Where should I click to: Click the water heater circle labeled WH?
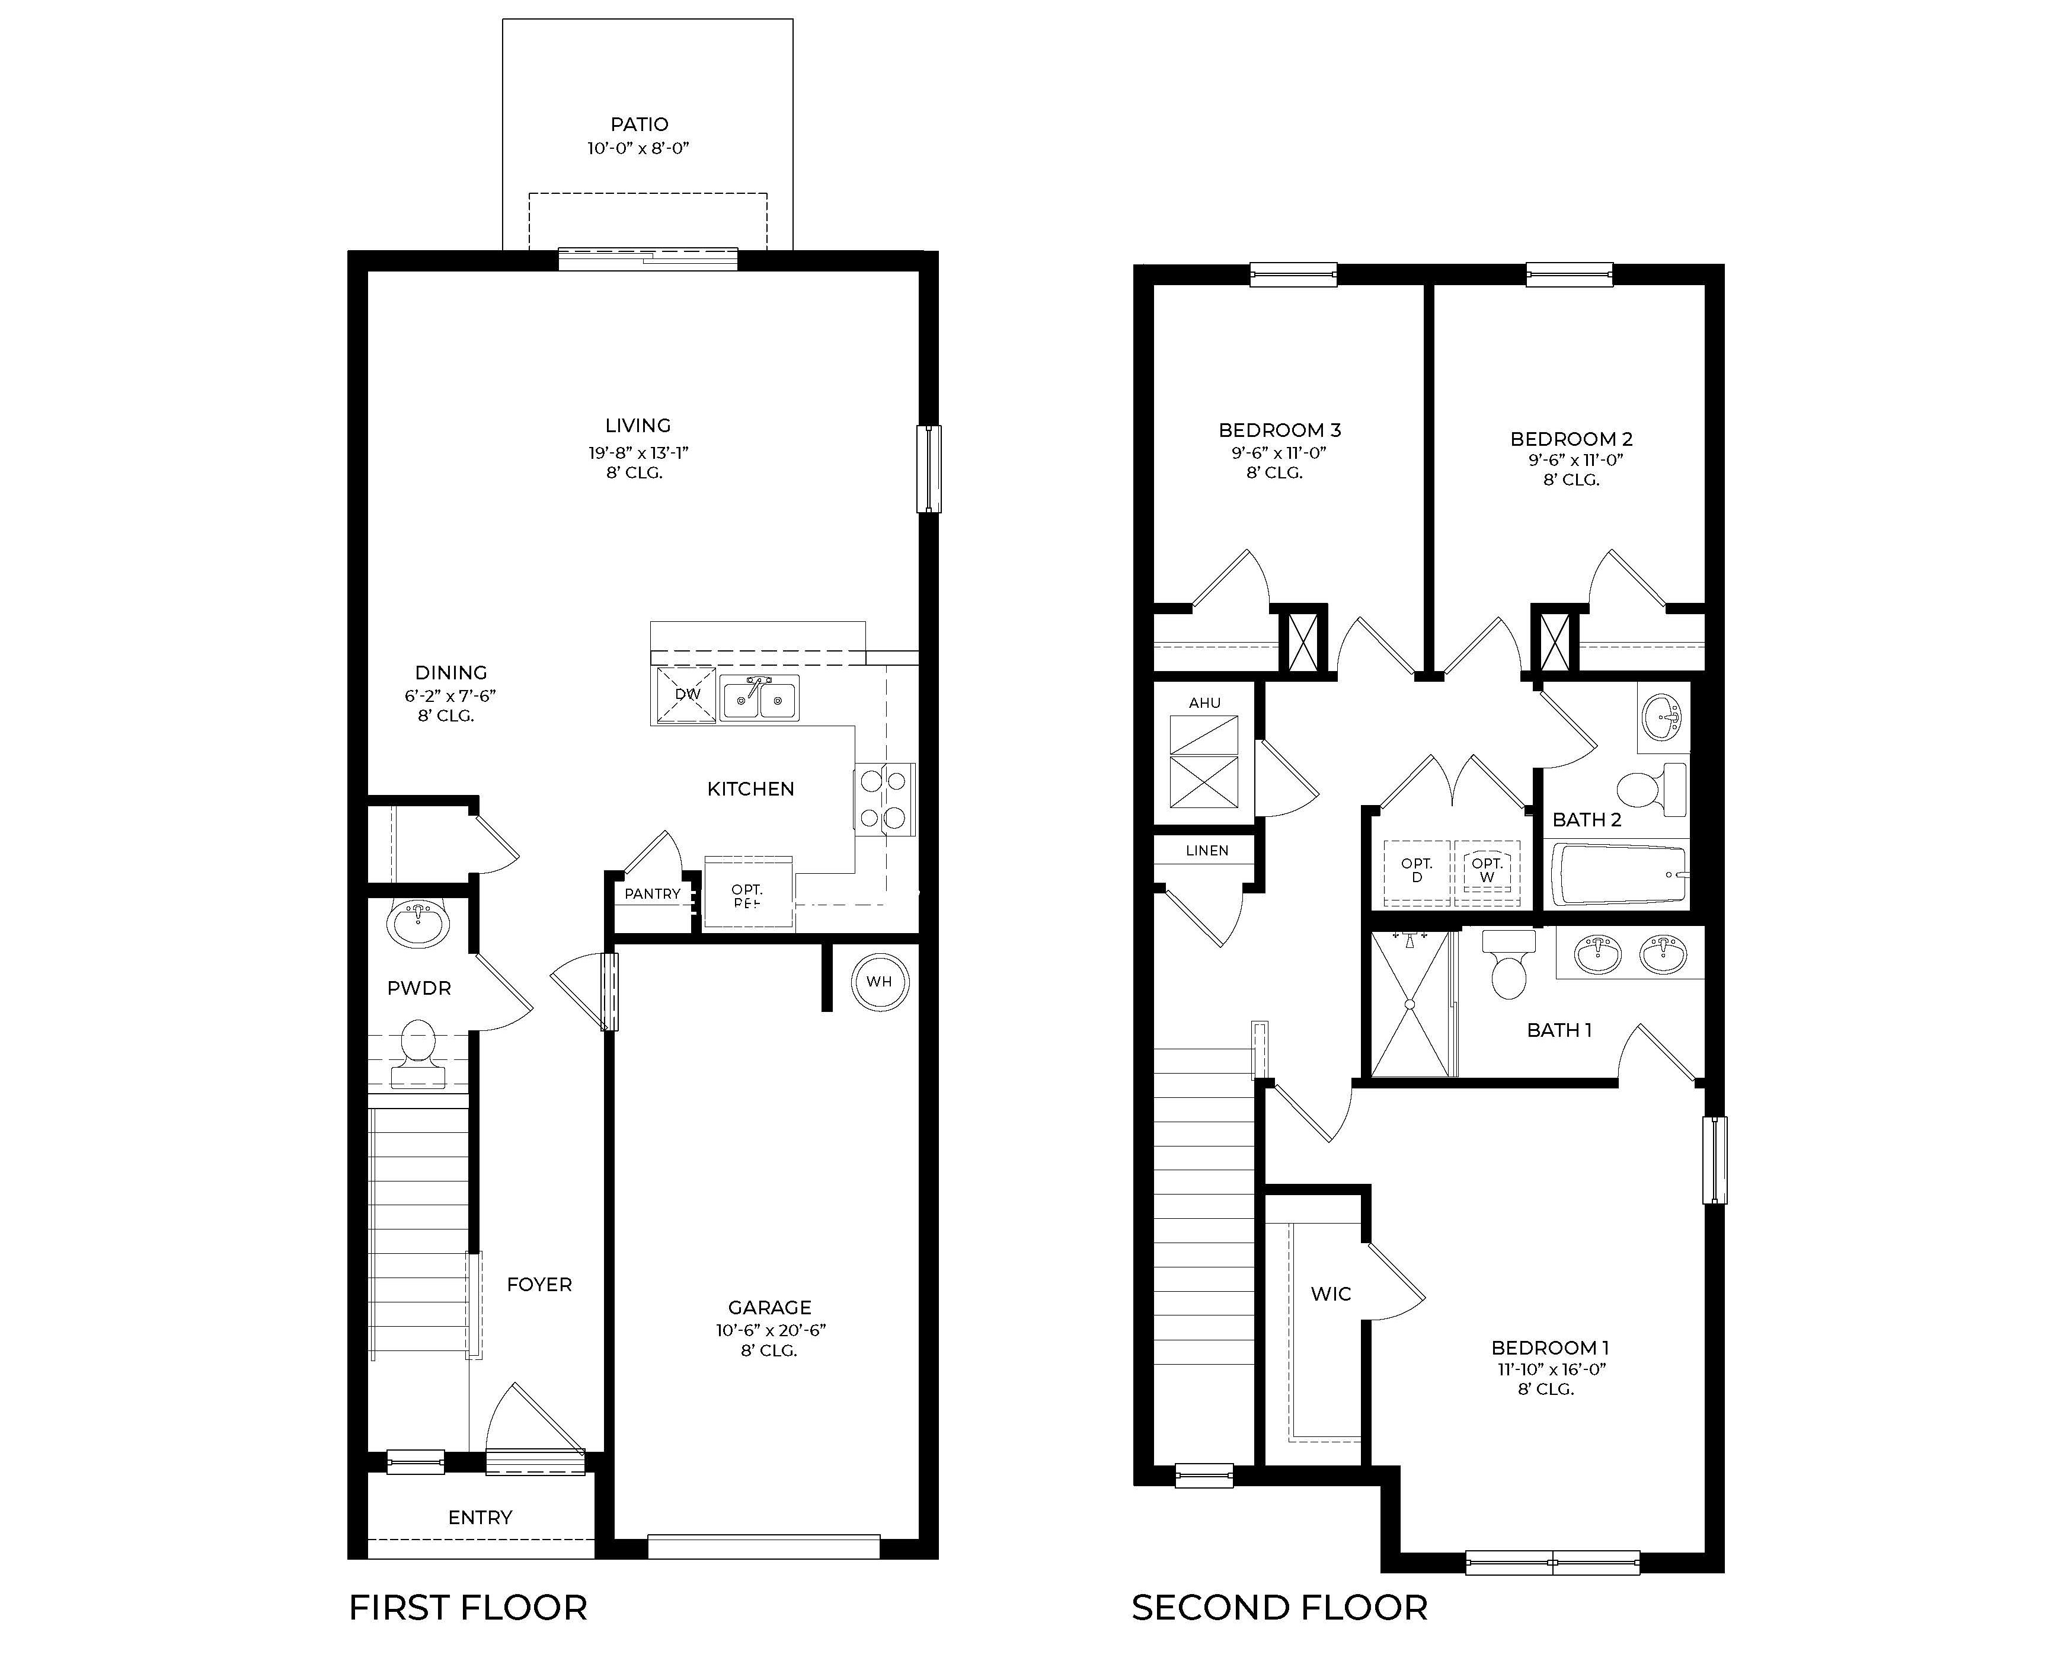click(879, 981)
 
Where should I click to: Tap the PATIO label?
click(639, 124)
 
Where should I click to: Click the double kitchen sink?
click(759, 698)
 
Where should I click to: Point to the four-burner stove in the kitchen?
click(884, 799)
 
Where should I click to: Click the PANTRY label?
click(652, 893)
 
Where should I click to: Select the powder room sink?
click(418, 924)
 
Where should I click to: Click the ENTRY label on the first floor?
click(480, 1517)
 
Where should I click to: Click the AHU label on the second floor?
click(1204, 702)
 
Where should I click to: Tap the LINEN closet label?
click(1206, 850)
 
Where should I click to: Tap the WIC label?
click(1331, 1294)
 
